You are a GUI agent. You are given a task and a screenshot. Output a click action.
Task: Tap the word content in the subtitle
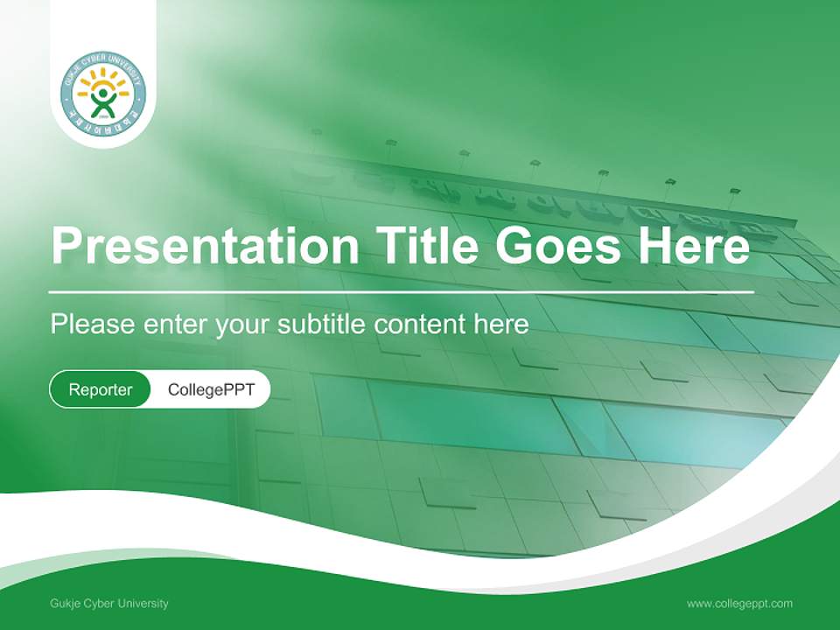click(x=420, y=325)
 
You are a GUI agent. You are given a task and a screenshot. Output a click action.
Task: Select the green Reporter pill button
click(x=100, y=389)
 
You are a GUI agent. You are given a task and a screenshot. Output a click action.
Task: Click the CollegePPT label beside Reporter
click(x=211, y=389)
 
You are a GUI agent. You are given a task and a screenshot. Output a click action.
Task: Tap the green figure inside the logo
click(x=103, y=101)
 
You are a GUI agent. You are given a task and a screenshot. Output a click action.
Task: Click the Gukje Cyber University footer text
click(x=109, y=604)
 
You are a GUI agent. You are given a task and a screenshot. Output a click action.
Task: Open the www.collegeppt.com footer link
click(x=739, y=604)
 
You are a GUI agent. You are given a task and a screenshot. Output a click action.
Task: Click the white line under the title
click(x=402, y=290)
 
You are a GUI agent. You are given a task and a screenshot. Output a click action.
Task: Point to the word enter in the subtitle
click(x=174, y=325)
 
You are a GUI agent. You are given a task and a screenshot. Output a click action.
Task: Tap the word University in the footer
click(x=143, y=604)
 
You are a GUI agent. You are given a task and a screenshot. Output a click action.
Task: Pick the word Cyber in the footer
click(x=97, y=604)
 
